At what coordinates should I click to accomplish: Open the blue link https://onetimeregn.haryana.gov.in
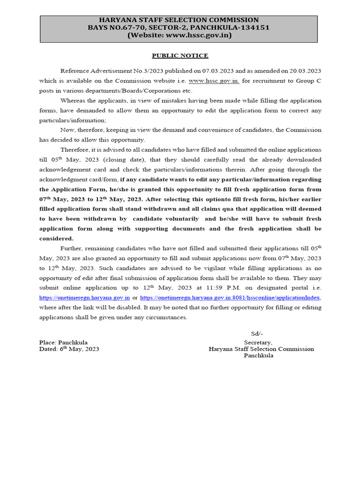pos(84,298)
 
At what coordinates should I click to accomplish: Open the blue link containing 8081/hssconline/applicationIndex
pos(230,298)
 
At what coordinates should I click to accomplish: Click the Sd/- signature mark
pos(257,333)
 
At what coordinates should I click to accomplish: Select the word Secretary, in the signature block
pos(258,342)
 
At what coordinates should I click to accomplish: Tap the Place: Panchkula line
pos(63,342)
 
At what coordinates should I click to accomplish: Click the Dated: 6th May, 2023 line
pos(69,349)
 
